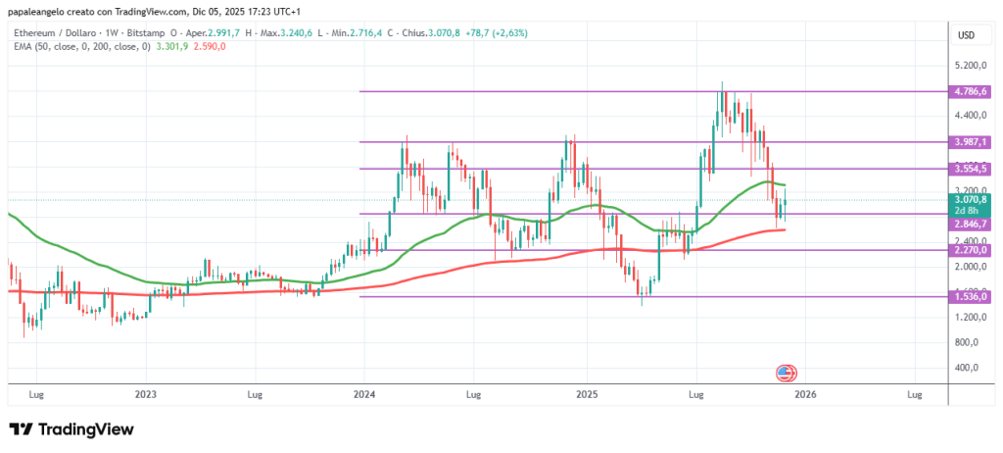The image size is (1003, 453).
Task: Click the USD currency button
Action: (966, 35)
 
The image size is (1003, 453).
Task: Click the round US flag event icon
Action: (786, 373)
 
